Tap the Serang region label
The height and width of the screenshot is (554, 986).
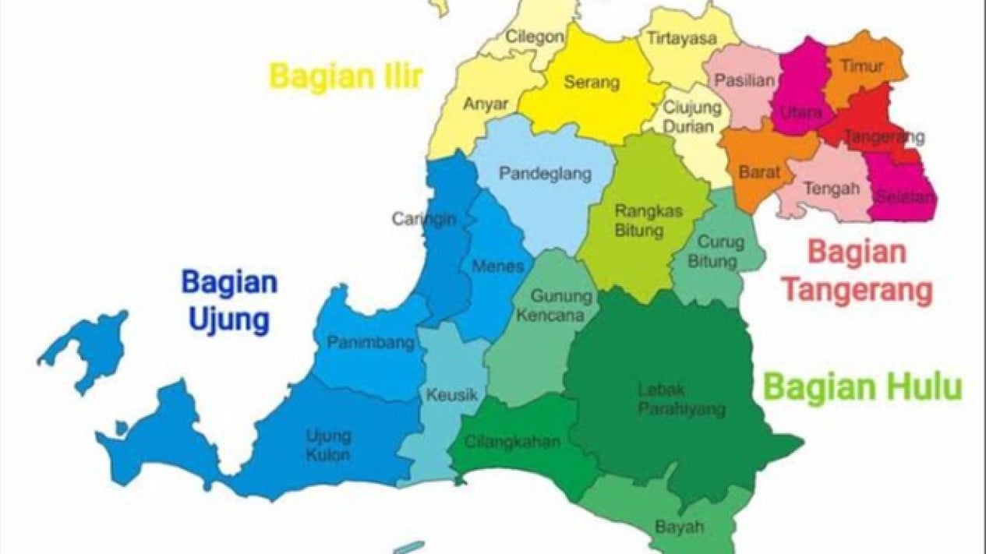(592, 82)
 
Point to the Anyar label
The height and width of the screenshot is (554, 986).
(486, 104)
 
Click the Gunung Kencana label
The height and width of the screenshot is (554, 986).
(557, 306)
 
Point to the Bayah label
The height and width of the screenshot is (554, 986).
(680, 527)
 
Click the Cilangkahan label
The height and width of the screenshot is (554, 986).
(512, 443)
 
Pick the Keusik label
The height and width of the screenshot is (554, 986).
(451, 395)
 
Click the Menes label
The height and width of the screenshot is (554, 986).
(498, 266)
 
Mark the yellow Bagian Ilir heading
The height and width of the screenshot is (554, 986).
(346, 77)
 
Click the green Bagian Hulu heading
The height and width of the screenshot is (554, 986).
(863, 386)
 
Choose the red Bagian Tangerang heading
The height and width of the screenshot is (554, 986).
(857, 271)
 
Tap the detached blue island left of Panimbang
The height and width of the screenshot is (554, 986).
(90, 348)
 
